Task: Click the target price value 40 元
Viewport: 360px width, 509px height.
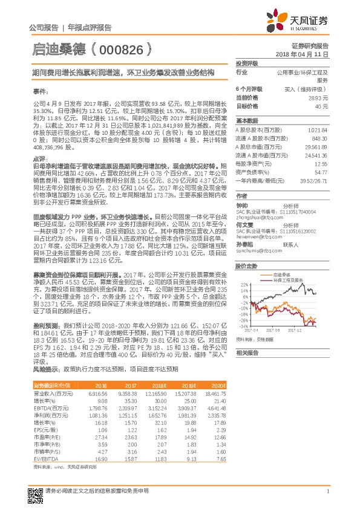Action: pos(321,106)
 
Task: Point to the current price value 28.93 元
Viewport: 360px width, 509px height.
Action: pos(318,97)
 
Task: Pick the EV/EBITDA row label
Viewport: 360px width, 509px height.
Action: pos(45,459)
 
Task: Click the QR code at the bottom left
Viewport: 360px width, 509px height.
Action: pos(35,493)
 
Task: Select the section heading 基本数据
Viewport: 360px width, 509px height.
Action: pos(246,120)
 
